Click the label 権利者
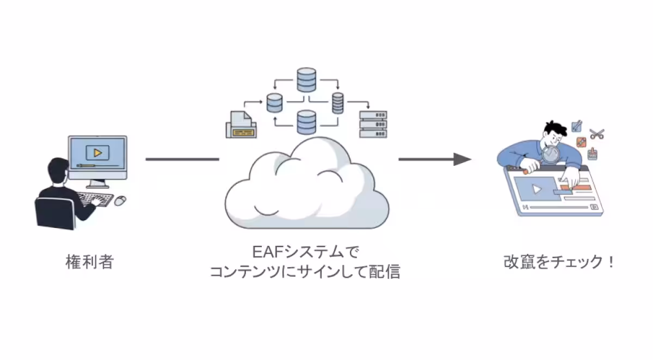tap(90, 263)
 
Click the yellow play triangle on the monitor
tap(97, 152)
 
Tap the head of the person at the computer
tap(57, 171)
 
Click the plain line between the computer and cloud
tap(182, 159)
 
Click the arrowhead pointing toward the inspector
tap(462, 159)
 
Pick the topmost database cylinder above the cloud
tap(306, 79)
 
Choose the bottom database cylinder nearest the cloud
tap(306, 121)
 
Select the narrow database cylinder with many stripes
tap(338, 103)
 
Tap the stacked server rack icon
tap(373, 125)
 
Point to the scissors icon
tap(597, 133)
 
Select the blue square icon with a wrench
tap(577, 127)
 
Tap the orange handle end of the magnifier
tap(526, 170)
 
